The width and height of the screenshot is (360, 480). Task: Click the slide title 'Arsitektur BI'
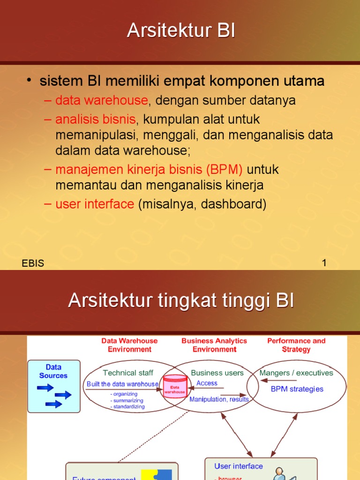[x=180, y=31]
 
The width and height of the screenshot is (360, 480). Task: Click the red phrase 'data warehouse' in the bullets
[x=101, y=100]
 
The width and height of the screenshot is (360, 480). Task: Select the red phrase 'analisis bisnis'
[x=95, y=119]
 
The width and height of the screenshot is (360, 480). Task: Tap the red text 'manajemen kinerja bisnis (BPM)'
[x=149, y=169]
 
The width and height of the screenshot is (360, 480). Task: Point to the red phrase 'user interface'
[x=95, y=204]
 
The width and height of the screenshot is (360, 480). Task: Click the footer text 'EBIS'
[x=33, y=263]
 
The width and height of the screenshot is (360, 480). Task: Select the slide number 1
[x=324, y=263]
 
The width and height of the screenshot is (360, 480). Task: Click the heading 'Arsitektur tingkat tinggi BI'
[x=181, y=300]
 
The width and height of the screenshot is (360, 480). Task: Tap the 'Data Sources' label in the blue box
[x=53, y=371]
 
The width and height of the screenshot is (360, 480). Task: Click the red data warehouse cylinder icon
[x=174, y=387]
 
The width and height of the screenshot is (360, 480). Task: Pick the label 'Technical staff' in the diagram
[x=128, y=373]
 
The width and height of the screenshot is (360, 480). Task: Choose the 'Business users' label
[x=217, y=373]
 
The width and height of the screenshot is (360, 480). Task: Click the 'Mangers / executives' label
[x=296, y=373]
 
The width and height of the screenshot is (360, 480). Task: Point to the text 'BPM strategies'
[x=297, y=389]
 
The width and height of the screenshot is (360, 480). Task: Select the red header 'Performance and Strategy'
[x=296, y=345]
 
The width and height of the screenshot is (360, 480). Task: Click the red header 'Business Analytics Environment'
[x=214, y=345]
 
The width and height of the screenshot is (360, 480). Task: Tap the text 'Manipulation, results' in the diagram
[x=219, y=399]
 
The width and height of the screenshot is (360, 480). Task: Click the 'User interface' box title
[x=239, y=466]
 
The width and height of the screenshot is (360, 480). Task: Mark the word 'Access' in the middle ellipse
[x=207, y=383]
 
